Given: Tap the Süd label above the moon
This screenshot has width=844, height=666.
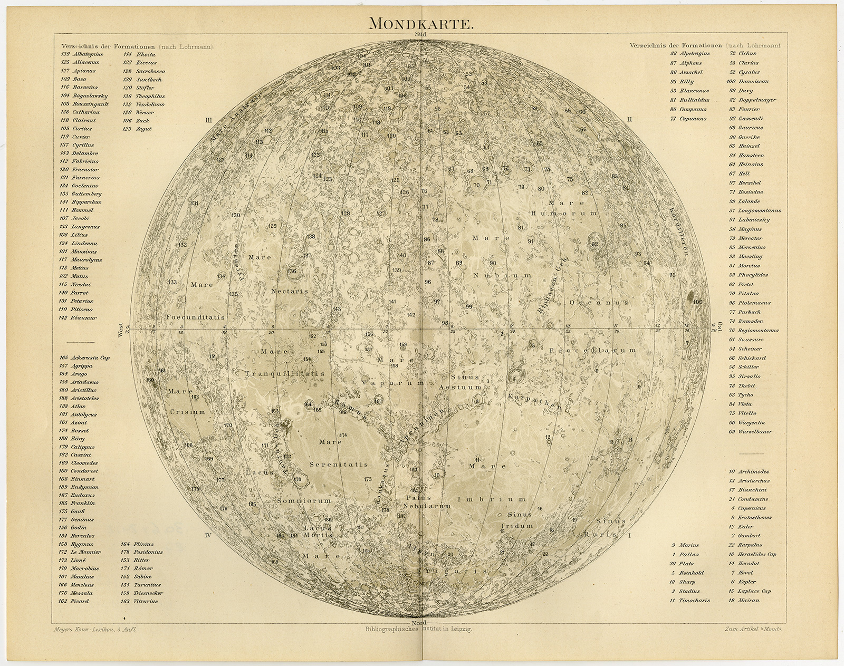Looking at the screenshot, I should pyautogui.click(x=422, y=35).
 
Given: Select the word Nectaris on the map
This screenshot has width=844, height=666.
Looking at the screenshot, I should pyautogui.click(x=290, y=291).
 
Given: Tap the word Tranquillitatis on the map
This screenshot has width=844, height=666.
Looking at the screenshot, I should pyautogui.click(x=285, y=373).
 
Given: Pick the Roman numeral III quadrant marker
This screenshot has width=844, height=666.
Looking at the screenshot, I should pyautogui.click(x=208, y=120).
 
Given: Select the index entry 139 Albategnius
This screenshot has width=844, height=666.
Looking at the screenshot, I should pyautogui.click(x=82, y=54).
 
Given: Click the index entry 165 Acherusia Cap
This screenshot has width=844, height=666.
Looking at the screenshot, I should pyautogui.click(x=84, y=358).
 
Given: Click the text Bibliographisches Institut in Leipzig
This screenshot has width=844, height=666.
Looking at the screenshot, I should pyautogui.click(x=418, y=630).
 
